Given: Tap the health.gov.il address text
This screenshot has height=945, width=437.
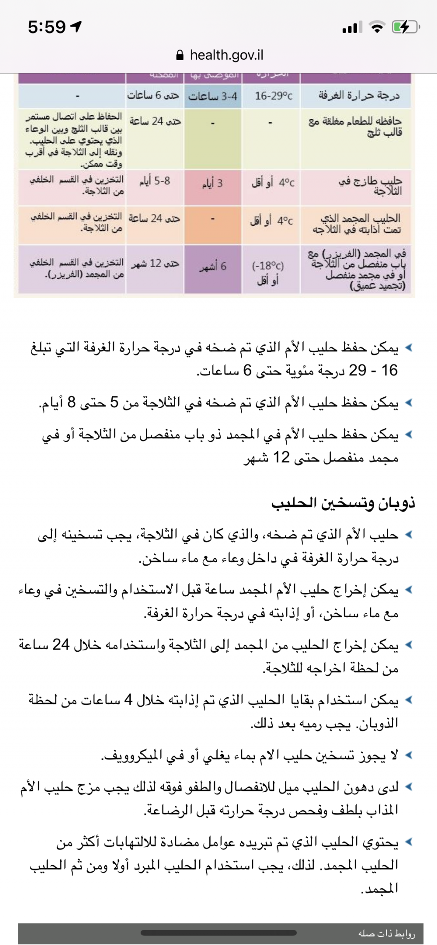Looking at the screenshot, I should [x=226, y=55].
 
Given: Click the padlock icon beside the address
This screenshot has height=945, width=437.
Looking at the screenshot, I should [x=179, y=55].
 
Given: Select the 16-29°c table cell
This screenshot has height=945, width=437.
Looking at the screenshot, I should [x=274, y=96].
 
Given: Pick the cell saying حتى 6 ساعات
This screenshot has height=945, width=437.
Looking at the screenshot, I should [x=153, y=95].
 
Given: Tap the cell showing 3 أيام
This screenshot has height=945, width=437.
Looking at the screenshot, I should [x=212, y=183].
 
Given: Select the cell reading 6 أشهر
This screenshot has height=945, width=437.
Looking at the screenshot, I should [x=213, y=267].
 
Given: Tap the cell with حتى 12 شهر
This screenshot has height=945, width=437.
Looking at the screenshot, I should [x=155, y=264].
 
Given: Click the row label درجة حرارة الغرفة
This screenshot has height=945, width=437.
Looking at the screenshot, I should [x=359, y=95].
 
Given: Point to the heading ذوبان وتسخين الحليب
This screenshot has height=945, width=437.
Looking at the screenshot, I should [x=343, y=503].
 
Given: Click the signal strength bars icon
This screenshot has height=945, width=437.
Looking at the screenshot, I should [x=352, y=27].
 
